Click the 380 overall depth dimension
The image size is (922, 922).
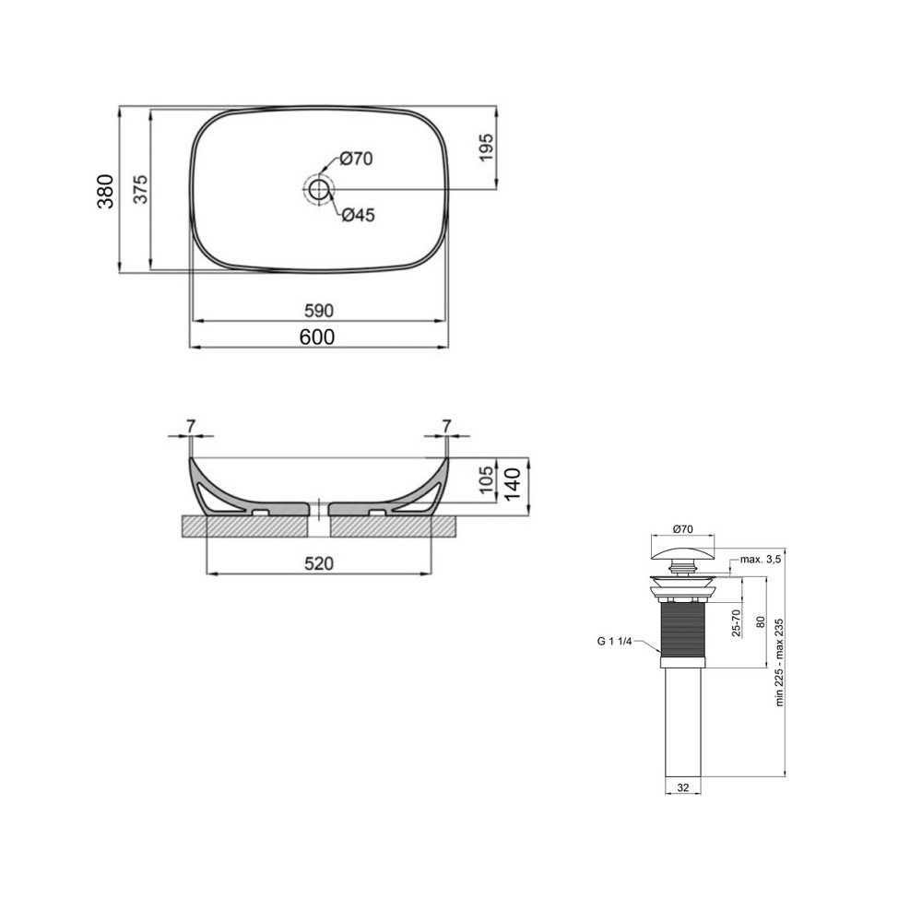pyautogui.click(x=106, y=191)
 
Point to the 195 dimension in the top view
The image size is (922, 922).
pyautogui.click(x=486, y=148)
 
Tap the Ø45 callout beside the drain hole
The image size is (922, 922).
pyautogui.click(x=357, y=216)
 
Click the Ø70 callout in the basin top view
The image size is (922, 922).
pyautogui.click(x=355, y=160)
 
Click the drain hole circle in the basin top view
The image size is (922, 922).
pyautogui.click(x=319, y=191)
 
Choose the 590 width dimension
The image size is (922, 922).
pyautogui.click(x=319, y=310)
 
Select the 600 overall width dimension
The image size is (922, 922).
pyautogui.click(x=318, y=337)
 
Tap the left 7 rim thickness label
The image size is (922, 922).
pyautogui.click(x=191, y=426)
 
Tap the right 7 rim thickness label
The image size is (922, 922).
pyautogui.click(x=446, y=426)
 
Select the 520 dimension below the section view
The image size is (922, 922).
pyautogui.click(x=319, y=563)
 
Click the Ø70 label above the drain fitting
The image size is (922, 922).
pyautogui.click(x=683, y=529)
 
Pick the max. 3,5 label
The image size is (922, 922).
pyautogui.click(x=762, y=560)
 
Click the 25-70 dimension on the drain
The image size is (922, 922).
pyautogui.click(x=735, y=622)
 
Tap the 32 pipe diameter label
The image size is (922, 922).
pyautogui.click(x=683, y=787)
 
